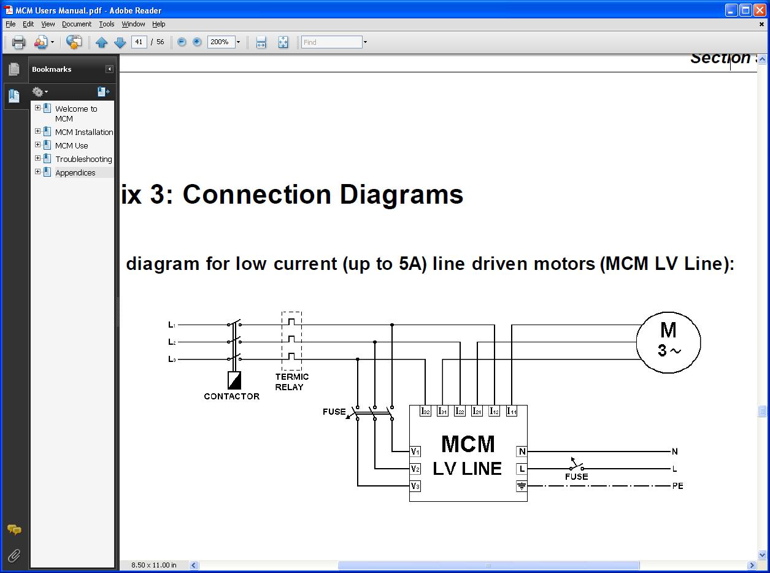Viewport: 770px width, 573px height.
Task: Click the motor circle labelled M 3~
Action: (x=668, y=342)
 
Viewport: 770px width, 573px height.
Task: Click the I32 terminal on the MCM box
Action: (x=425, y=411)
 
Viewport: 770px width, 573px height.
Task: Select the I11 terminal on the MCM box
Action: (x=512, y=411)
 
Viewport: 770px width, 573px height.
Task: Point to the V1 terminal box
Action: (x=415, y=452)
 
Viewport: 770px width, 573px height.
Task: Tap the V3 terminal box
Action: (x=415, y=486)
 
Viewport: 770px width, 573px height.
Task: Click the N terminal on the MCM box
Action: (x=522, y=452)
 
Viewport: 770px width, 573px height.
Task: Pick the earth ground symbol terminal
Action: (x=522, y=486)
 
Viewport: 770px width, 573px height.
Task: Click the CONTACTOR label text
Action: (x=231, y=396)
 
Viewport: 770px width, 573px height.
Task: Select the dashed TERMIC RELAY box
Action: (x=291, y=340)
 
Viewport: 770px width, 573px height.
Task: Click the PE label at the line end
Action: (x=677, y=486)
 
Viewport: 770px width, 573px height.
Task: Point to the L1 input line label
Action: (x=172, y=325)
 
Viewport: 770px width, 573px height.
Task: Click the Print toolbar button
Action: (x=18, y=42)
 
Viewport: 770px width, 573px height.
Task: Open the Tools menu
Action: (x=107, y=24)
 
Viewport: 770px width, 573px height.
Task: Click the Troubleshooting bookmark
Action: (x=83, y=159)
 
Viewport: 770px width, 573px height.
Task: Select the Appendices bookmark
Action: (x=75, y=172)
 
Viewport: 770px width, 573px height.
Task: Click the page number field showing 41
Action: (x=139, y=42)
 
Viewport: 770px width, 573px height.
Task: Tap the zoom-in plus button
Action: (x=197, y=42)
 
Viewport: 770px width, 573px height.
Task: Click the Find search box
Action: (x=331, y=42)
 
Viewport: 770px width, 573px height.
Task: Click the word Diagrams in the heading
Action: (x=401, y=194)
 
